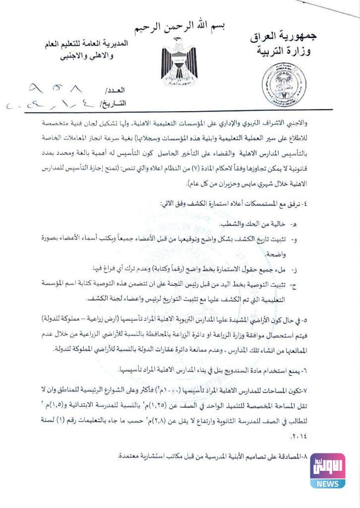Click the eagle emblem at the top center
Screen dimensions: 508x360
179,67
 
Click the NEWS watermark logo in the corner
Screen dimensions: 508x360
328,470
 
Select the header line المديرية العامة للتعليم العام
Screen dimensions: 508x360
86,44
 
